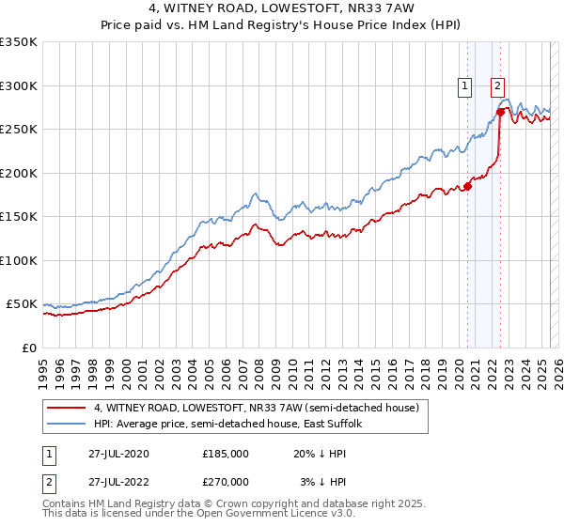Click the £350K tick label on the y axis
click(19, 42)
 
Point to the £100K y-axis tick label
click(19, 260)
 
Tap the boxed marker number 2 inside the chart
click(497, 86)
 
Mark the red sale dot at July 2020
click(467, 186)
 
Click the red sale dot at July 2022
click(500, 112)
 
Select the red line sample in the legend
click(66, 408)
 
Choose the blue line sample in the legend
click(66, 425)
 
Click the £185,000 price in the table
click(226, 453)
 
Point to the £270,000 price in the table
click(226, 482)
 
